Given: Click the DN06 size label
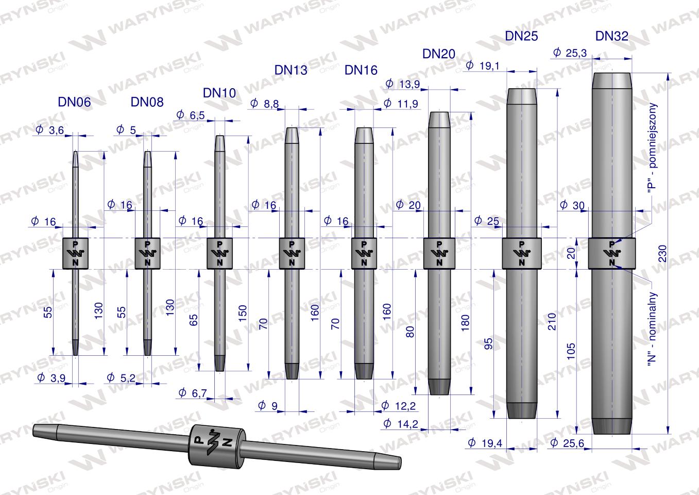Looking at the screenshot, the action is coord(74,102).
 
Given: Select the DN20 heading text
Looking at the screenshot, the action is coord(439,54).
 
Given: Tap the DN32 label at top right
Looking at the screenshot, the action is coord(611,36).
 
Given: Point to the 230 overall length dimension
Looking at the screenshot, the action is coord(662,254).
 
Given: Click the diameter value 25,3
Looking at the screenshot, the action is coord(570,53).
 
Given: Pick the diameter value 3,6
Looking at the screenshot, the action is coord(50,130).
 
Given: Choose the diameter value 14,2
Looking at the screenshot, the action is coord(401,424).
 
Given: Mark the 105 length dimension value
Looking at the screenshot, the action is coord(571,351).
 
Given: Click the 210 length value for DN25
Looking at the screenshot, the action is coord(552,321).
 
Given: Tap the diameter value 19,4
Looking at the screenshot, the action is coord(485,443).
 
